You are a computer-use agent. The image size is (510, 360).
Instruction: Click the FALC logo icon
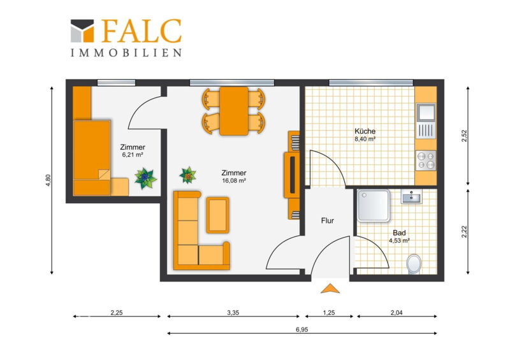82,31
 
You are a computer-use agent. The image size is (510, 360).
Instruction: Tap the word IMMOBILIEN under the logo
126,53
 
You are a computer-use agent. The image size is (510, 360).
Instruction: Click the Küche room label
365,131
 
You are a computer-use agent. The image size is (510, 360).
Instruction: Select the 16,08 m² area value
234,180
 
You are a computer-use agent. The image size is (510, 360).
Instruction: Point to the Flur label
328,220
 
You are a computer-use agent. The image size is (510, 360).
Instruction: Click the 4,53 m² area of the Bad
399,241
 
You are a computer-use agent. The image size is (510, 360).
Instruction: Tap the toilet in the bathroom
414,264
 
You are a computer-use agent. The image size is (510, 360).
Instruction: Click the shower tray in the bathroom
374,206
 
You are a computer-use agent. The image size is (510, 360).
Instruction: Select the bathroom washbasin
411,196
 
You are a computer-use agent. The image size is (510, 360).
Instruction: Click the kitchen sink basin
426,112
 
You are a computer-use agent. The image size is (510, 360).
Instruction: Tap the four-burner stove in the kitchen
426,161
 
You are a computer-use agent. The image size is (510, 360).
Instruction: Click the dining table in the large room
234,111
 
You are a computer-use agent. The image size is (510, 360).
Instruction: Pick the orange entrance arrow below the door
330,289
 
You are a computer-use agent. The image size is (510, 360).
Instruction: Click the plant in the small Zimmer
145,178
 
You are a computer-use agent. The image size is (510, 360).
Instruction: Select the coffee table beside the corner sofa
217,215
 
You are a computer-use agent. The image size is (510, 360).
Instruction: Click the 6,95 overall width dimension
302,329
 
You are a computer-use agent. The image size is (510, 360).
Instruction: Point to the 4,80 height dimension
48,180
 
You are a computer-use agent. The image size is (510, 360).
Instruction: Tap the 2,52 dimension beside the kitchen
464,136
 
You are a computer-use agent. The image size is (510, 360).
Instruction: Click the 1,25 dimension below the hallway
329,312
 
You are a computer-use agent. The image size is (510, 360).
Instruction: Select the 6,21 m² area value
133,155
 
